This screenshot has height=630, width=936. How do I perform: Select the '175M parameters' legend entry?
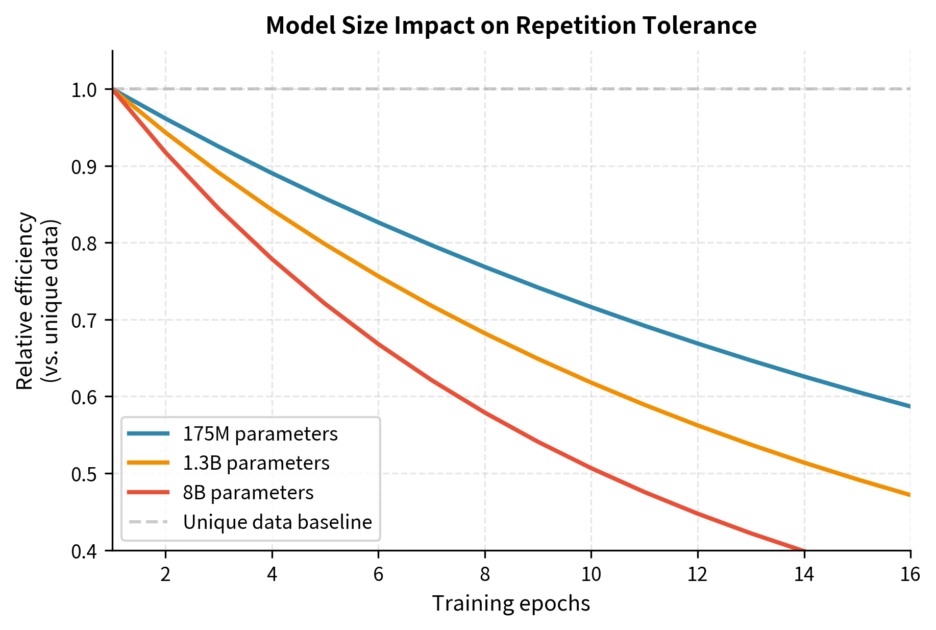coord(260,434)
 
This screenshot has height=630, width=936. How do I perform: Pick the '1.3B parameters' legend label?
coord(256,463)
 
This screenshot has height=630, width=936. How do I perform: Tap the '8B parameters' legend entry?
coord(248,493)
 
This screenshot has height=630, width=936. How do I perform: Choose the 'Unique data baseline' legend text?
coord(278,522)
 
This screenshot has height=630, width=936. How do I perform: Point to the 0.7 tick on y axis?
coord(84,321)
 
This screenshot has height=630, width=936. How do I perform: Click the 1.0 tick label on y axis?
coord(84,90)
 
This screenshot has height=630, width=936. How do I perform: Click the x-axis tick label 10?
coord(591,575)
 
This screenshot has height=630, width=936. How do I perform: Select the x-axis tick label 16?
coord(910,575)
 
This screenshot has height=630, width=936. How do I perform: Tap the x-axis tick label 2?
coord(165,575)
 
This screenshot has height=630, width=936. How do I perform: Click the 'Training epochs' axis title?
coord(511,603)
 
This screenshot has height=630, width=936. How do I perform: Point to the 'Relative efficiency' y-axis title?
coord(24,301)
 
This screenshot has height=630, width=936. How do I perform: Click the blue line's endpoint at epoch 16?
coord(910,406)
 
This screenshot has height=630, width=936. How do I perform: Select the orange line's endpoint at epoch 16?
coord(910,495)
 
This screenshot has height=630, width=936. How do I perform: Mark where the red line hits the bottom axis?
coord(803,550)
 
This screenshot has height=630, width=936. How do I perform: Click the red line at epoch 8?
coord(485,413)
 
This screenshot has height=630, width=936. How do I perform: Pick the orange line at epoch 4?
coord(272,209)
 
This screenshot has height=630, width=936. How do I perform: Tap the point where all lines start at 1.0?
coord(113,89)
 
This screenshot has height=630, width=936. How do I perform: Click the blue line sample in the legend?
coord(148,434)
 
